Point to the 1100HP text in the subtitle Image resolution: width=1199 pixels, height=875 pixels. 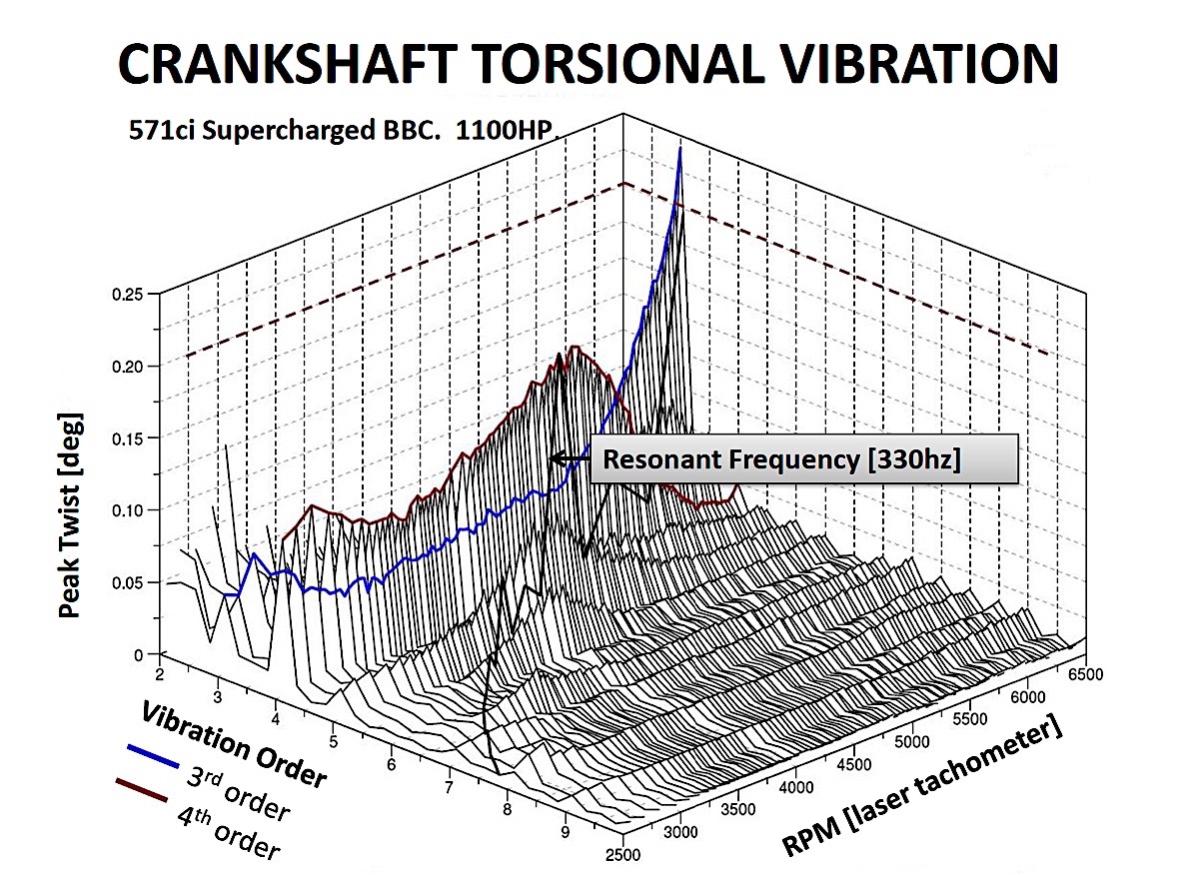pyautogui.click(x=504, y=130)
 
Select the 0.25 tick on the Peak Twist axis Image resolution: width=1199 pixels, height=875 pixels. pyautogui.click(x=128, y=295)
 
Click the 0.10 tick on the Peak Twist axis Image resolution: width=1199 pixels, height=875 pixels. pyautogui.click(x=128, y=510)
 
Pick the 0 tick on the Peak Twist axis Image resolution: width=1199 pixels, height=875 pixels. pyautogui.click(x=138, y=655)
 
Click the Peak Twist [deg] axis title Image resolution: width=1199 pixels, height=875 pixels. pyautogui.click(x=70, y=515)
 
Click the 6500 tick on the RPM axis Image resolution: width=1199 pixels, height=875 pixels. pyautogui.click(x=1085, y=674)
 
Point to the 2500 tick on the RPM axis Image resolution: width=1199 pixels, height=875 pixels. pyautogui.click(x=623, y=855)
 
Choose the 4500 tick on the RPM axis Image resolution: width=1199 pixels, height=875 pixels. pyautogui.click(x=854, y=765)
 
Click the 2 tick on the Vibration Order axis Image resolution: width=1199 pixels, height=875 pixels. pyautogui.click(x=160, y=675)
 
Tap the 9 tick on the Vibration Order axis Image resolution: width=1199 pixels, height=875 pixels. pyautogui.click(x=566, y=832)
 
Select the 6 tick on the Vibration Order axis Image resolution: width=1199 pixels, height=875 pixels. pyautogui.click(x=392, y=765)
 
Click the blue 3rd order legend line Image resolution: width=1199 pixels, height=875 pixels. pyautogui.click(x=153, y=756)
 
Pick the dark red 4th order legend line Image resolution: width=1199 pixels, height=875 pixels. pyautogui.click(x=142, y=790)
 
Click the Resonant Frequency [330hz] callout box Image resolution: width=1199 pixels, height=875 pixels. pyautogui.click(x=804, y=459)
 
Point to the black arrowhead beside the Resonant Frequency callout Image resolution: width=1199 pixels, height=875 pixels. pyautogui.click(x=558, y=458)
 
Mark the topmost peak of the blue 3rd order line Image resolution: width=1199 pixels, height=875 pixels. pyautogui.click(x=680, y=148)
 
